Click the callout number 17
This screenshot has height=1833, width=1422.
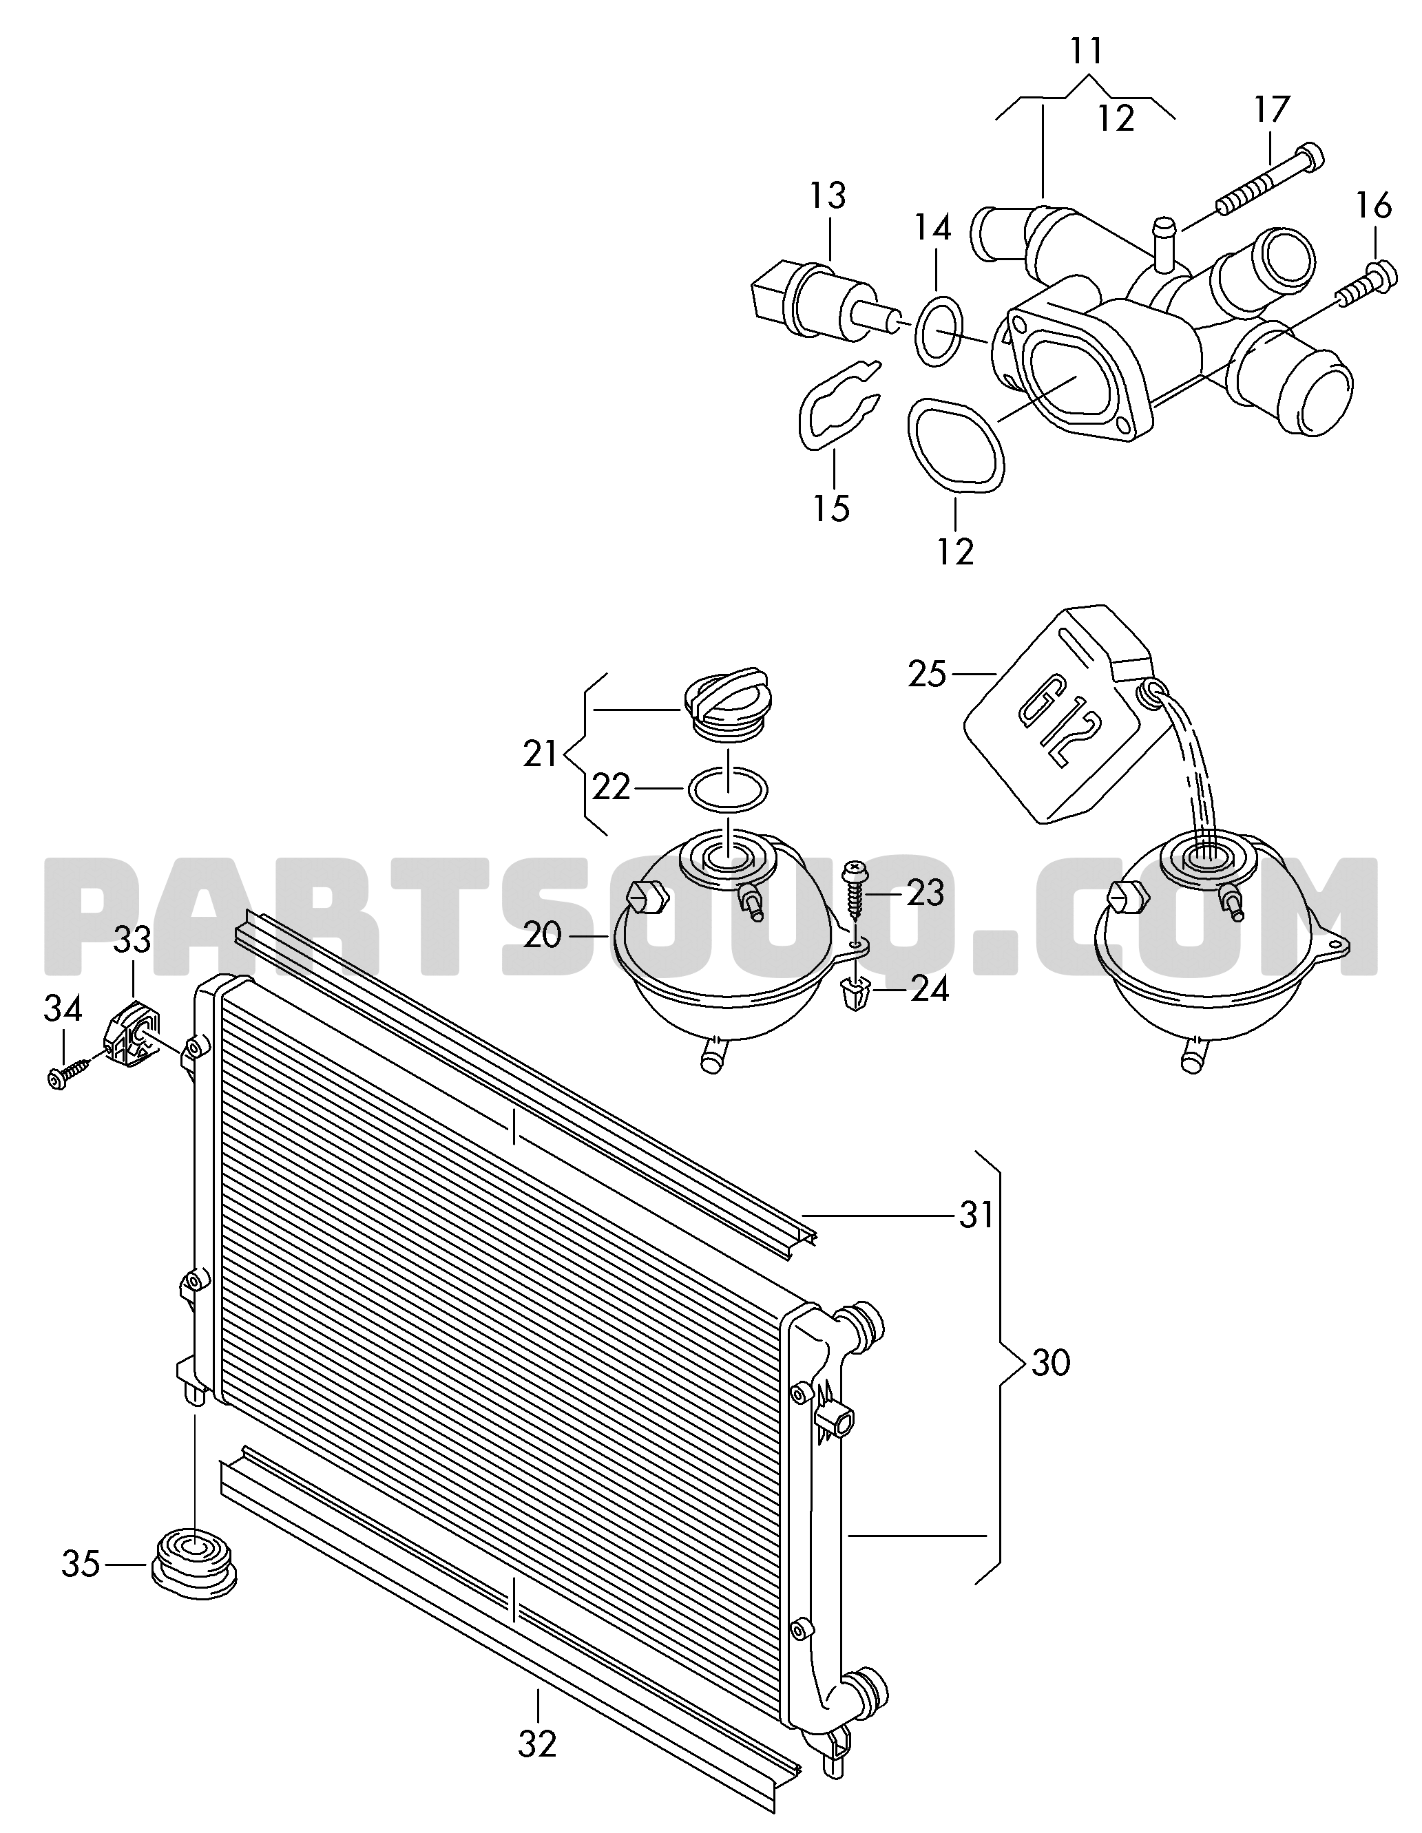[1272, 110]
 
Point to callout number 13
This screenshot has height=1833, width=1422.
[828, 196]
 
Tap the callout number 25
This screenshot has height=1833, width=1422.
[927, 674]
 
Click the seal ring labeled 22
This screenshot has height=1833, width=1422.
[727, 790]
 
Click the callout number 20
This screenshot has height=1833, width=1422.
[541, 935]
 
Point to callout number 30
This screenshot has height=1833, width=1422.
[1051, 1363]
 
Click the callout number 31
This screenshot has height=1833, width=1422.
[977, 1216]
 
